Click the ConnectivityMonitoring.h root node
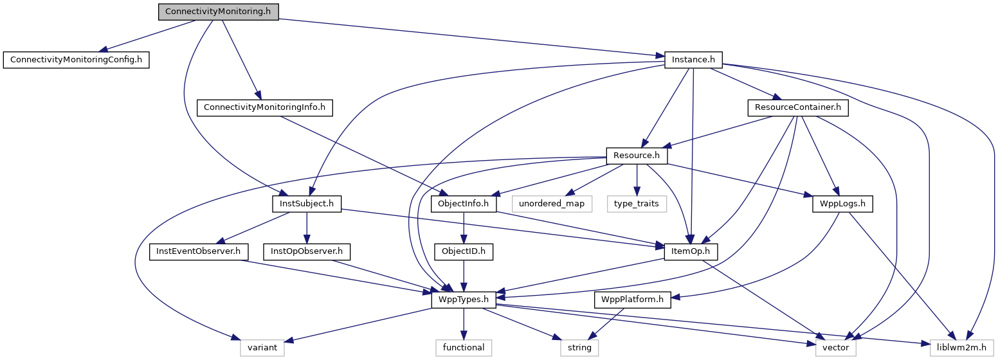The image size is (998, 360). point(219,12)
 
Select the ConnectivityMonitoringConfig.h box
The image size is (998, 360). point(76,60)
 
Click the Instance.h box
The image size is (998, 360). point(693,60)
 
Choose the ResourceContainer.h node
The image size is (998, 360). point(797,107)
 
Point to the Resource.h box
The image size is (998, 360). point(637,156)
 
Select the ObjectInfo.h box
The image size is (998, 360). point(463,204)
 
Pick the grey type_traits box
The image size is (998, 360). point(636,204)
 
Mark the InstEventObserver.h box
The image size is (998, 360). point(198,251)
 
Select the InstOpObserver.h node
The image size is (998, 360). point(306,251)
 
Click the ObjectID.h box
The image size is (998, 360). point(463,251)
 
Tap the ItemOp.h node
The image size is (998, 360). point(691,251)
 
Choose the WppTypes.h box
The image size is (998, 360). point(463,300)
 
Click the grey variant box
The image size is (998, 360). point(262,348)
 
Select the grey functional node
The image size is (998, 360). point(463,348)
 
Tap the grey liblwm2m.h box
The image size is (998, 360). point(961,348)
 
